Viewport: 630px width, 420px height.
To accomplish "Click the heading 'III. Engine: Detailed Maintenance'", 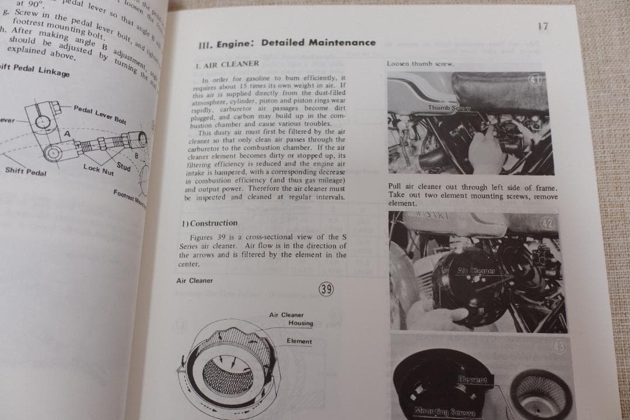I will pos(288,43).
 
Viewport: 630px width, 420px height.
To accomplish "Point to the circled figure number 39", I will pos(327,289).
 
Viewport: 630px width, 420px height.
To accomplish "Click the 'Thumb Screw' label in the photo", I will pos(449,108).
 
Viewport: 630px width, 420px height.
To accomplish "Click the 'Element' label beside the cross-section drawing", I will pos(299,341).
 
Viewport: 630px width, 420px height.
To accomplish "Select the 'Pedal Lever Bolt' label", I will pos(100,114).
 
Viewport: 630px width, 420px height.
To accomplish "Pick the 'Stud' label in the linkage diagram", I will pos(123,167).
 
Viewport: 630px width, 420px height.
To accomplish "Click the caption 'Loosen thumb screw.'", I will pos(412,64).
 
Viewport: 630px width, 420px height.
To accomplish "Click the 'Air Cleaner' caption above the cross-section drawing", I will pos(195,281).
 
